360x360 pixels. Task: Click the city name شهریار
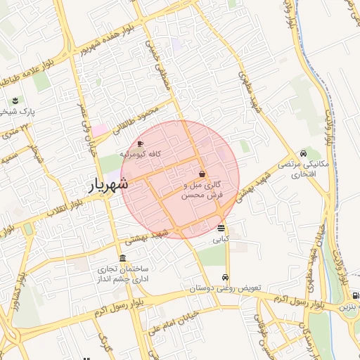pos(109,184)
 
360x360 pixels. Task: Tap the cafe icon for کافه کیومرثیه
pos(140,143)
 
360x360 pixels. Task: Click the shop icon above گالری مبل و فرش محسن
pos(202,174)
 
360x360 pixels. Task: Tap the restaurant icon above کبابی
pos(221,228)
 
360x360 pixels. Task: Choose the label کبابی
pos(221,239)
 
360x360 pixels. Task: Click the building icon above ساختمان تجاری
pos(124,257)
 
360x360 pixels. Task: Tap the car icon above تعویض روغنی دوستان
pos(225,277)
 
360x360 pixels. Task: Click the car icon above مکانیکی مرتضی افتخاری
pos(302,153)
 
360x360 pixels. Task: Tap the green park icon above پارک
pos(16,100)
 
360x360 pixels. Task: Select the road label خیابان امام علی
pos(151,326)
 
